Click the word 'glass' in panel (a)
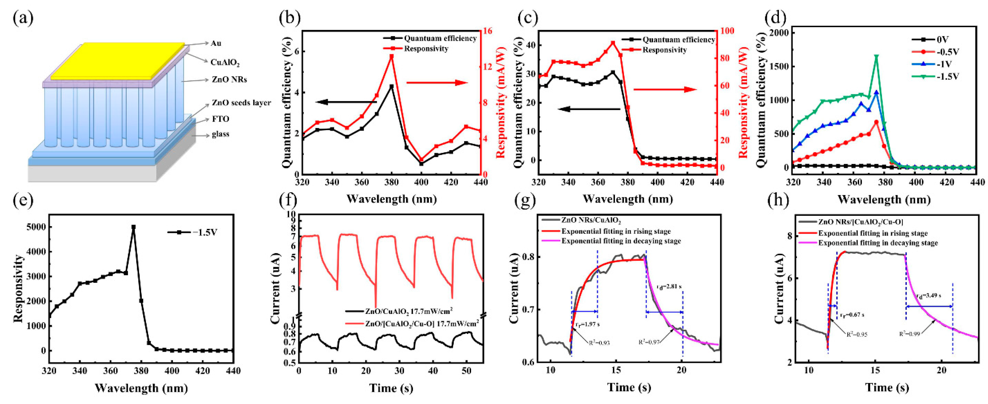tap(221, 134)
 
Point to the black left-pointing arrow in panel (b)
tap(345, 102)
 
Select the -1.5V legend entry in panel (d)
tap(947, 76)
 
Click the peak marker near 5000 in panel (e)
tap(133, 227)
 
